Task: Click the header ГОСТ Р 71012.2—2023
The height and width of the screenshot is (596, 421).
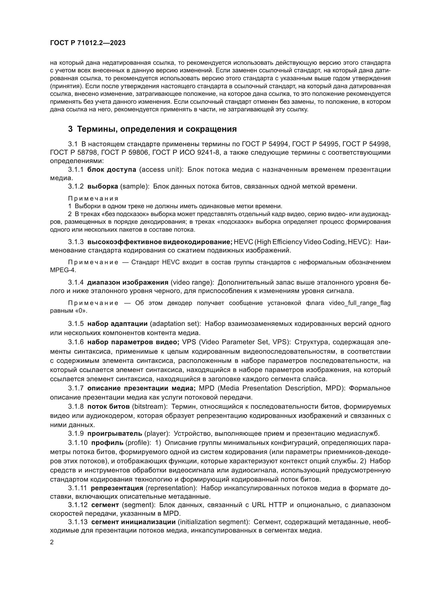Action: [88, 43]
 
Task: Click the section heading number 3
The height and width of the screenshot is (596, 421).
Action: [70, 129]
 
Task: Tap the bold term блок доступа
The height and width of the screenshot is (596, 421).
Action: [111, 170]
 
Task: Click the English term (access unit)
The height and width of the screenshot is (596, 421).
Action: [161, 170]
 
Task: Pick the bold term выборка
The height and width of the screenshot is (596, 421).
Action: [103, 186]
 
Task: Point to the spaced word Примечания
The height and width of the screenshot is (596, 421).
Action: [93, 198]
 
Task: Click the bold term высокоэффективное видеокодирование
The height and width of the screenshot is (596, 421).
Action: [160, 242]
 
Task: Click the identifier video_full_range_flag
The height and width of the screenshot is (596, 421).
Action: [360, 303]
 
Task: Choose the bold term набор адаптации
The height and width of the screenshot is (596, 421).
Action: [117, 324]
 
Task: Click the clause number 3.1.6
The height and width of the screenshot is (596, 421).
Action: [76, 342]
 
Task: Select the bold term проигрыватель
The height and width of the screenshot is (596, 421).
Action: [114, 433]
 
